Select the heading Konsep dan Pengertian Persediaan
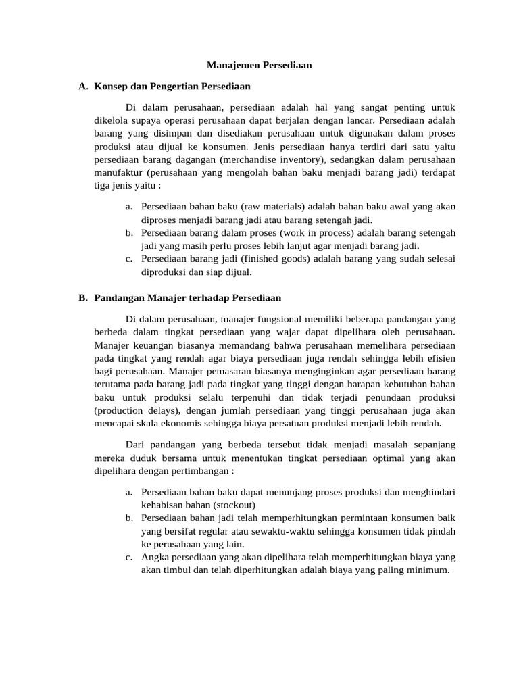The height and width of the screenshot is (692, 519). tap(172, 86)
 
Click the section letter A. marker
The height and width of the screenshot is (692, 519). tap(84, 86)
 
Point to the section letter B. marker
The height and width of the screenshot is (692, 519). tap(84, 297)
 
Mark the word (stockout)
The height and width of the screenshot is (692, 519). tap(237, 505)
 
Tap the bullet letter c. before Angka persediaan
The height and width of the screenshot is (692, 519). tap(128, 558)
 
